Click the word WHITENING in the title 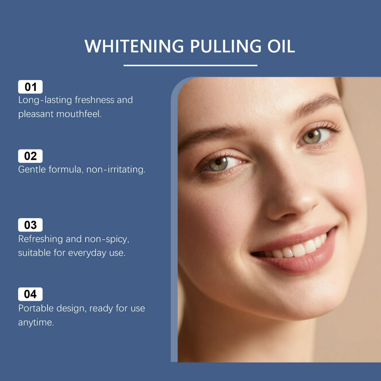point(134,46)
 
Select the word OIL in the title point(281,46)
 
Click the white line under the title point(190,65)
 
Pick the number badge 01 point(30,87)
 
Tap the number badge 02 point(30,156)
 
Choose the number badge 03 point(30,225)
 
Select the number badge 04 point(30,294)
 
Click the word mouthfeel point(79,114)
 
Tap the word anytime point(36,323)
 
